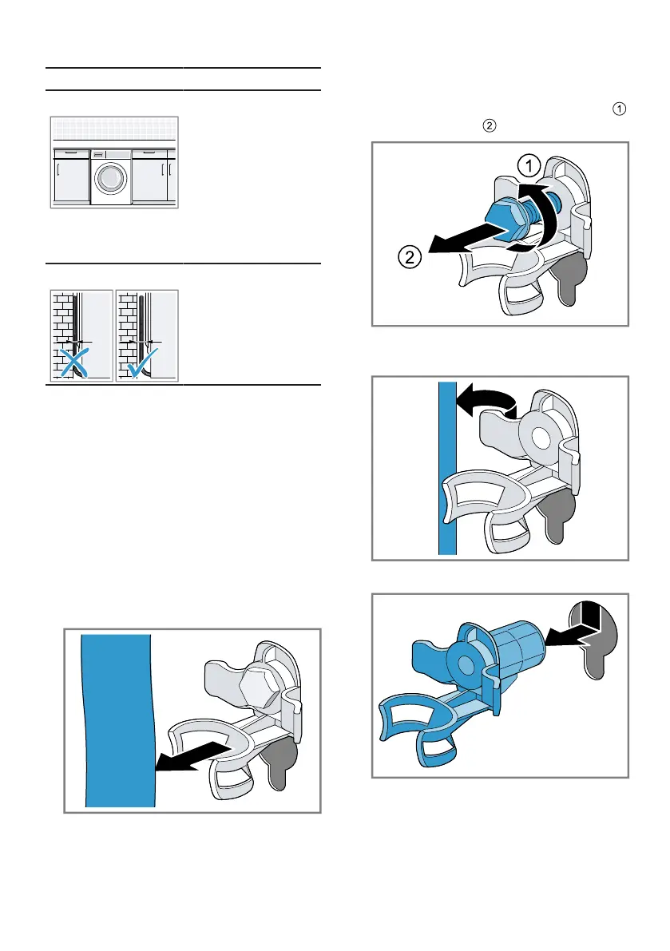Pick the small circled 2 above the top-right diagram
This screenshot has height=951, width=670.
tap(490, 126)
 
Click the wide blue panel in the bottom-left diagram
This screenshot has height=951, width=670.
tap(116, 719)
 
